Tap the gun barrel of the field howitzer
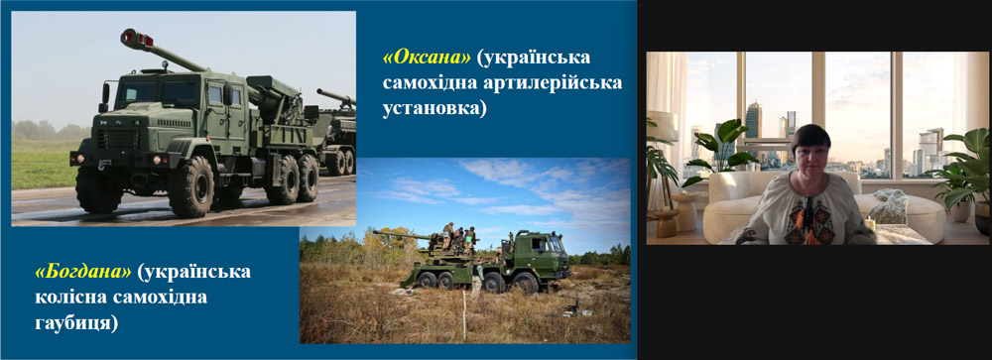(402, 236)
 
